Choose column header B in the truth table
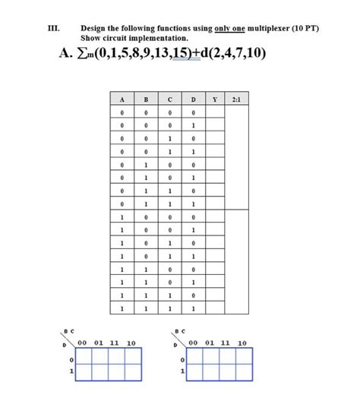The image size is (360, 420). [x=146, y=99]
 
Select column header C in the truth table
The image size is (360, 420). [x=170, y=99]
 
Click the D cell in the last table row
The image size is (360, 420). [x=194, y=308]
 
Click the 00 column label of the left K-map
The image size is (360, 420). [x=81, y=343]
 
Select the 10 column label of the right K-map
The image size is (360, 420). [x=242, y=343]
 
